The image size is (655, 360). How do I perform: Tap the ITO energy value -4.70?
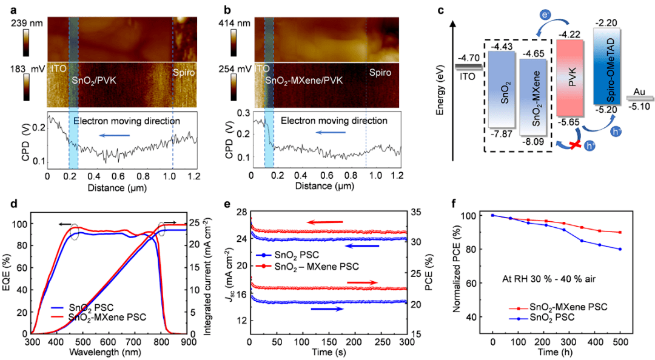click(468, 59)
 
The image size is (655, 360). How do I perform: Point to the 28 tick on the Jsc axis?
click(238, 211)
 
